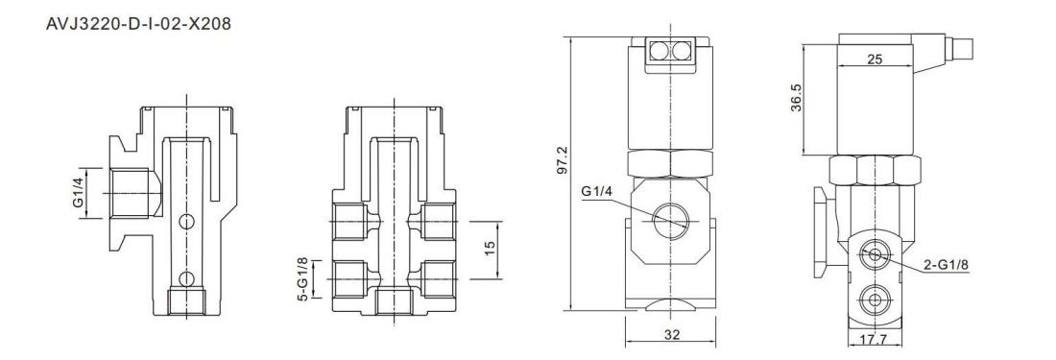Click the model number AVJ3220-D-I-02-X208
coord(138,24)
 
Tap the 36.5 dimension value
coord(797,97)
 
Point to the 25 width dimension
coord(875,60)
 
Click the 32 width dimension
coord(671,334)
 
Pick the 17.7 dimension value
coord(875,340)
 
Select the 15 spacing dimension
coord(490,250)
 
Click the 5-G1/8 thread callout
coord(303,277)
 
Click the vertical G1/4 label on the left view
coord(80,192)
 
